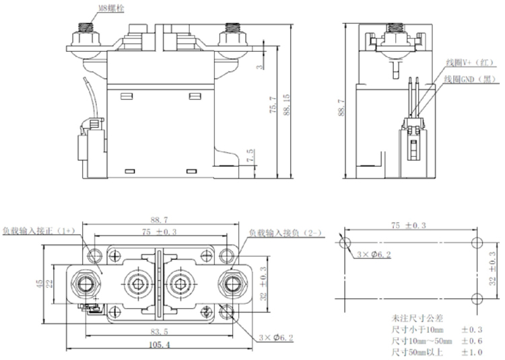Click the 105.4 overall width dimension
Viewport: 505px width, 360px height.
click(160, 345)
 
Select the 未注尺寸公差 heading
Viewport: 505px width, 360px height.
click(412, 318)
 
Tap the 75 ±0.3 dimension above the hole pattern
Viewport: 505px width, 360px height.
click(410, 227)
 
